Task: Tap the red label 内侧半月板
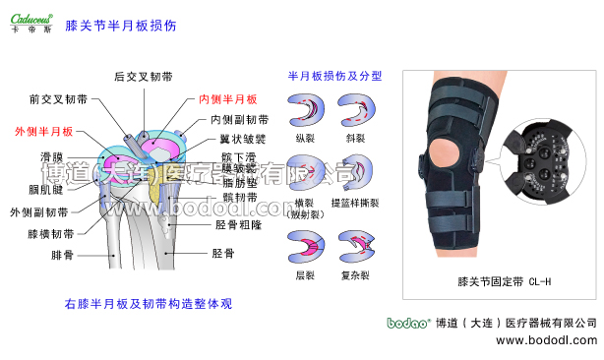coord(227,99)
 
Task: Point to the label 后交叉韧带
coord(144,76)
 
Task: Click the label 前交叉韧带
coord(58,99)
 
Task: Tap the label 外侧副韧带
coord(38,211)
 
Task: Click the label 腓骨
coord(64,255)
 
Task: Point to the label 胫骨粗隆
coord(238,224)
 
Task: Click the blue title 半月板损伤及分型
coord(334,75)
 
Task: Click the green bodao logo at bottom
coord(404,323)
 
